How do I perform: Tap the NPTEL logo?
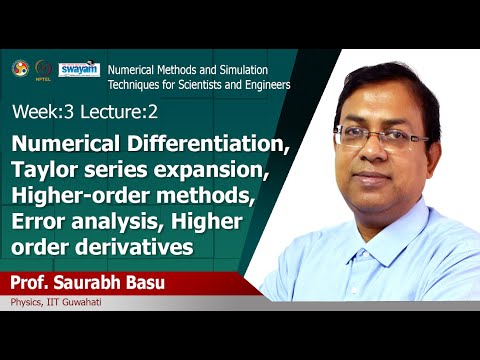[43, 69]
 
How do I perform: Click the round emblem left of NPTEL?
[19, 69]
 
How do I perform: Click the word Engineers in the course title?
[262, 85]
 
